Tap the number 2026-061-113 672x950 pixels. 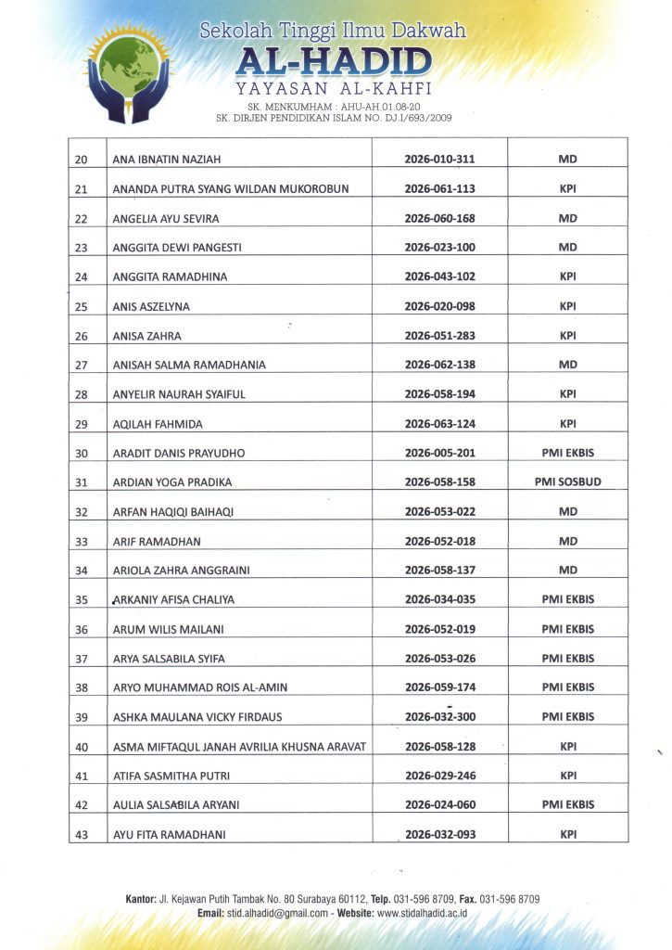pos(440,189)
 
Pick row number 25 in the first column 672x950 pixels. pos(81,306)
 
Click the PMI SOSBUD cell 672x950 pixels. pos(567,482)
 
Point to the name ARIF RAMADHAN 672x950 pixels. pos(157,541)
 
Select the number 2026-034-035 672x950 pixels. pos(440,599)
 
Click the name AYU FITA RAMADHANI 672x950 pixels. pos(169,835)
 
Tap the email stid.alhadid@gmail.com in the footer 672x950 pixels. pos(279,914)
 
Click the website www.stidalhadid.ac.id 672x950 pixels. pos(422,914)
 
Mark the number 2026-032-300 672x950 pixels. pos(440,717)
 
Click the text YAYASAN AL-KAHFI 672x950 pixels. pos(334,90)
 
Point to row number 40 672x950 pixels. pos(81,747)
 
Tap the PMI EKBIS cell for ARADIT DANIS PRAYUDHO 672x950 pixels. pos(567,453)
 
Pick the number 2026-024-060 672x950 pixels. pos(440,805)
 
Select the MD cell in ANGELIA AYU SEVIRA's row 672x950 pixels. pos(567,219)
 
